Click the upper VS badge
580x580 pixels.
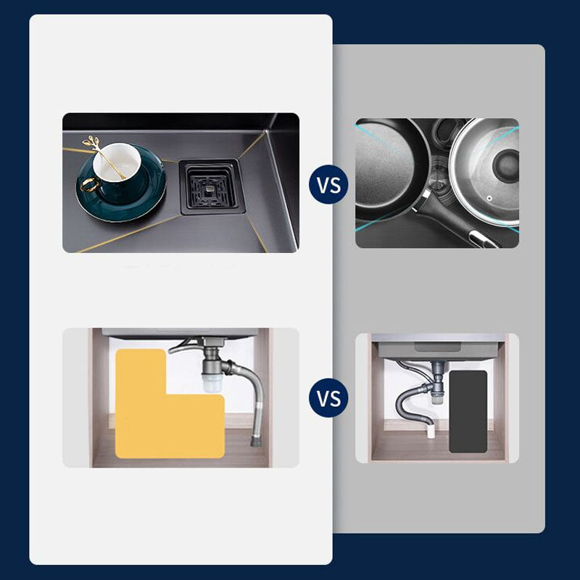[329, 184]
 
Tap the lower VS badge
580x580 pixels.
[329, 399]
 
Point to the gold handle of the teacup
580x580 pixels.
[87, 183]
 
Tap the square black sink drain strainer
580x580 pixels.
[209, 185]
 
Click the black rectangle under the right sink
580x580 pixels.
[468, 412]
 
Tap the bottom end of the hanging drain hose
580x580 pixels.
[256, 439]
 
